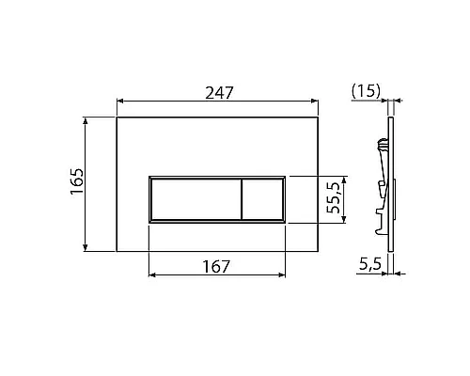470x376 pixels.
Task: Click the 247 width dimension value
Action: tap(218, 91)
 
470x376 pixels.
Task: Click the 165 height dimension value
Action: tap(77, 183)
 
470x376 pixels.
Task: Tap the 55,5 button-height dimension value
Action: tap(332, 198)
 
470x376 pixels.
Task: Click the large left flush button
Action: tap(194, 198)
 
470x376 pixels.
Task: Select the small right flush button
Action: tap(263, 198)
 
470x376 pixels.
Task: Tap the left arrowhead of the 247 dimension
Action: tap(119, 102)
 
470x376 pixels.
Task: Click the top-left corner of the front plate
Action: tap(116, 117)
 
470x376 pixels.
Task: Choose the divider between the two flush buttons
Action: tap(240, 198)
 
